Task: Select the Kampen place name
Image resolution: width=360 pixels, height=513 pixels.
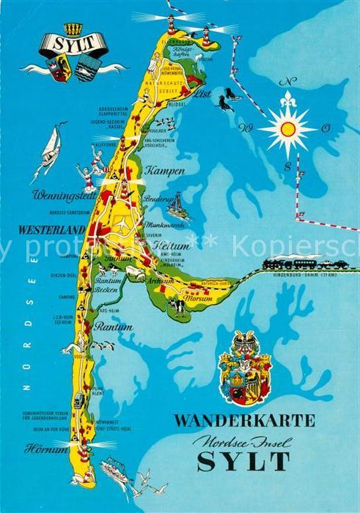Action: (166, 170)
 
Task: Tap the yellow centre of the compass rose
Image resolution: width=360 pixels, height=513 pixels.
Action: (288, 130)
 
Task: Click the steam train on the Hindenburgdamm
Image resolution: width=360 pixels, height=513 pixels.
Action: (282, 262)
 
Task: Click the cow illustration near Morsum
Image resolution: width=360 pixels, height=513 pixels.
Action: (177, 306)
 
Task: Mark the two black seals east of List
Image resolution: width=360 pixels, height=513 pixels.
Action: (227, 99)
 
